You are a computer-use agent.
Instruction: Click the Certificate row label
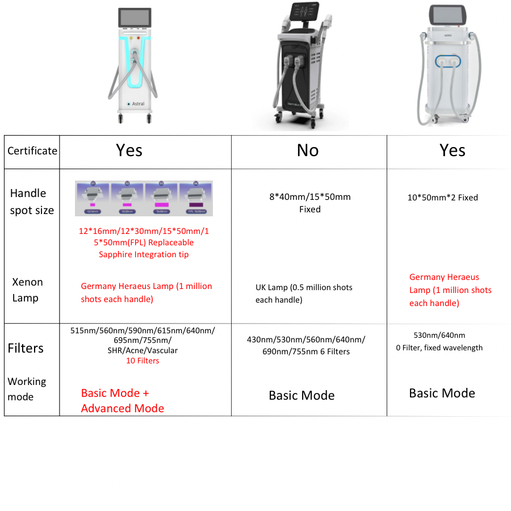point(32,151)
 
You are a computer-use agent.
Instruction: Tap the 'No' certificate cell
point(308,150)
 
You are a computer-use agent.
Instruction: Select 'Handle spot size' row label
point(32,202)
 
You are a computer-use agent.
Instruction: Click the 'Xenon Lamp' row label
point(27,290)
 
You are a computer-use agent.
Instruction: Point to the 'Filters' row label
point(26,348)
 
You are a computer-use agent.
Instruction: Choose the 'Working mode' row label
point(27,389)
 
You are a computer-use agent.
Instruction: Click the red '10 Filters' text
point(143,361)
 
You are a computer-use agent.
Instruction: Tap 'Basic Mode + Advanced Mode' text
point(123,400)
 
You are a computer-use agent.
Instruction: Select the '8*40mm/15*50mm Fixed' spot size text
point(309,203)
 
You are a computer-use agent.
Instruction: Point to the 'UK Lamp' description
point(304,294)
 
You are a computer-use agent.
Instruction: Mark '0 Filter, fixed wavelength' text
point(439,347)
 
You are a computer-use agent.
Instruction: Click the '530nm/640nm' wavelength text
point(439,335)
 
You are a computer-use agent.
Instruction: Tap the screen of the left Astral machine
point(135,17)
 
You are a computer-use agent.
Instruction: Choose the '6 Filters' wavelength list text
point(306,345)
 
